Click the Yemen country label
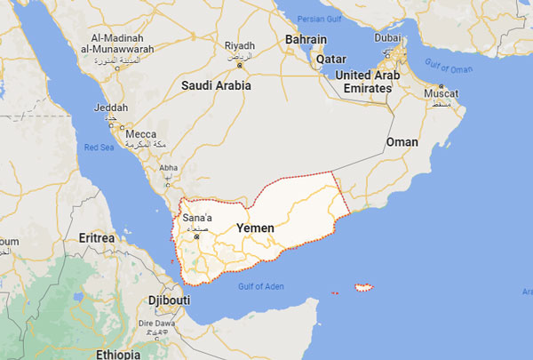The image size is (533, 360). click(x=255, y=228)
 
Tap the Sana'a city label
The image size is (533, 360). click(x=196, y=218)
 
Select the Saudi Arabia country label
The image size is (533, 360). click(x=216, y=86)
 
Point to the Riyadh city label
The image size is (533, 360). click(x=240, y=45)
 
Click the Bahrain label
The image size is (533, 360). click(x=306, y=40)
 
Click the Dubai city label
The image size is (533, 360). click(x=387, y=38)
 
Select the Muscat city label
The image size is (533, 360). click(x=442, y=92)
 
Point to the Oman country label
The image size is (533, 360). click(x=402, y=142)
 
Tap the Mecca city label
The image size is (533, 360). click(x=140, y=134)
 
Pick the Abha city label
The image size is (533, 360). click(x=168, y=167)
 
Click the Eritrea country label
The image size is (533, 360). click(x=96, y=239)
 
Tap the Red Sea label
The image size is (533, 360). click(x=99, y=148)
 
